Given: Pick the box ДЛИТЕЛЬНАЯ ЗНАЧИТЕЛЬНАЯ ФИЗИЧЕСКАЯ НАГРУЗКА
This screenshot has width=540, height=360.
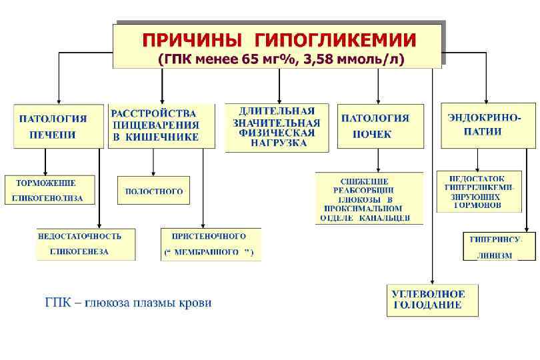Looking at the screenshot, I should [277, 127].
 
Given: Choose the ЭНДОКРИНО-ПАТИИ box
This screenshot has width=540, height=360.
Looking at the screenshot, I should [487, 125].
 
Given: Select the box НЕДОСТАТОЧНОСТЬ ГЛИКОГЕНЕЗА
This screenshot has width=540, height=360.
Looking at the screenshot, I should [85, 244].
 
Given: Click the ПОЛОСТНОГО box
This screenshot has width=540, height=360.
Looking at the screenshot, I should [153, 191].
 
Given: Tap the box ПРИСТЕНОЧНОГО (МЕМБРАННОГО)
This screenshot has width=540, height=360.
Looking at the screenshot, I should [211, 244].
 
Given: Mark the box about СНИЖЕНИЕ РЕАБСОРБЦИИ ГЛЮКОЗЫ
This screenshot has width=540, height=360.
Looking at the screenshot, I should [369, 199].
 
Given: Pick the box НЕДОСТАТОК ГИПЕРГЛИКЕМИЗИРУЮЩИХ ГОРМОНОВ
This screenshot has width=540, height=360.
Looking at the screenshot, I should [479, 192].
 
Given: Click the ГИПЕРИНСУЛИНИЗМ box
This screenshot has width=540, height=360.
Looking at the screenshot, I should [499, 246].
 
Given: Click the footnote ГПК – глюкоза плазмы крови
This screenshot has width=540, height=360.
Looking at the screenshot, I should [128, 303].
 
